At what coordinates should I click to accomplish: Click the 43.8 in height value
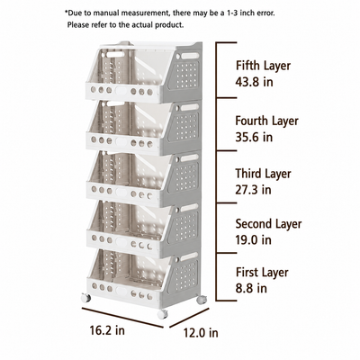[x=254, y=82]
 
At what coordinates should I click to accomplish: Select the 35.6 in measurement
[x=254, y=137]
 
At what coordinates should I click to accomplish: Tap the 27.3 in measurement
[x=253, y=190]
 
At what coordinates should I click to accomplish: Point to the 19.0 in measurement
[x=254, y=239]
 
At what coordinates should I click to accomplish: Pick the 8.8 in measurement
[x=251, y=288]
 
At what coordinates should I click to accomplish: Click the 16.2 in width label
[x=107, y=330]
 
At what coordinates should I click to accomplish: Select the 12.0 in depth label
[x=201, y=333]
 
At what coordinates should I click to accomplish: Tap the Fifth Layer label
[x=263, y=66]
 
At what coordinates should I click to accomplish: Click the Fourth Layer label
[x=267, y=121]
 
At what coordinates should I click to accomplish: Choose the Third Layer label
[x=263, y=174]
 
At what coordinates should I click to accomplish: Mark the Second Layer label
[x=268, y=224]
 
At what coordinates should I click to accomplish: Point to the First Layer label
[x=262, y=273]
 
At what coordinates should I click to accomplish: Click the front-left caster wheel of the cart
[x=85, y=298]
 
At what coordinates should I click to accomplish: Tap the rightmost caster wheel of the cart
[x=201, y=300]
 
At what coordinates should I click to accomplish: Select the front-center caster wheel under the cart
[x=162, y=314]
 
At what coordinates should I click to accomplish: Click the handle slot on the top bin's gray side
[x=190, y=56]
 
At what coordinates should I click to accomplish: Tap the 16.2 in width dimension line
[x=122, y=318]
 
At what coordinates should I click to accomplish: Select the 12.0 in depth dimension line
[x=189, y=318]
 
